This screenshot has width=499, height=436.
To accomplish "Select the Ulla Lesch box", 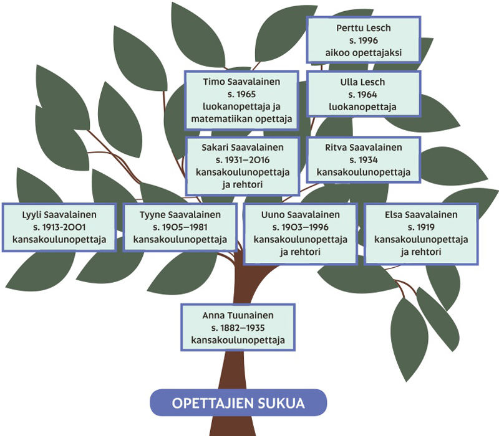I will [x=364, y=94].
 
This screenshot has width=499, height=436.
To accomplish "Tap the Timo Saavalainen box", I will [x=241, y=100].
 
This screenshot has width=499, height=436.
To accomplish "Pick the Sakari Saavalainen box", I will [x=243, y=166].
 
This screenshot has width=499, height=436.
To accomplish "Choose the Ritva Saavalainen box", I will [x=364, y=160].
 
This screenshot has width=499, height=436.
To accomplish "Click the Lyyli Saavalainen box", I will [x=59, y=227].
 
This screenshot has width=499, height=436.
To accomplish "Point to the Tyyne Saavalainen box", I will [x=180, y=227].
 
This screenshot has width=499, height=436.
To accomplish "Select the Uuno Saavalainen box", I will [x=301, y=233].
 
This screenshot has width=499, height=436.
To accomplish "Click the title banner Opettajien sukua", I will [x=238, y=403].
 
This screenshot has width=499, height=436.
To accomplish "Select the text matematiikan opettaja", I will [x=241, y=118].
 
